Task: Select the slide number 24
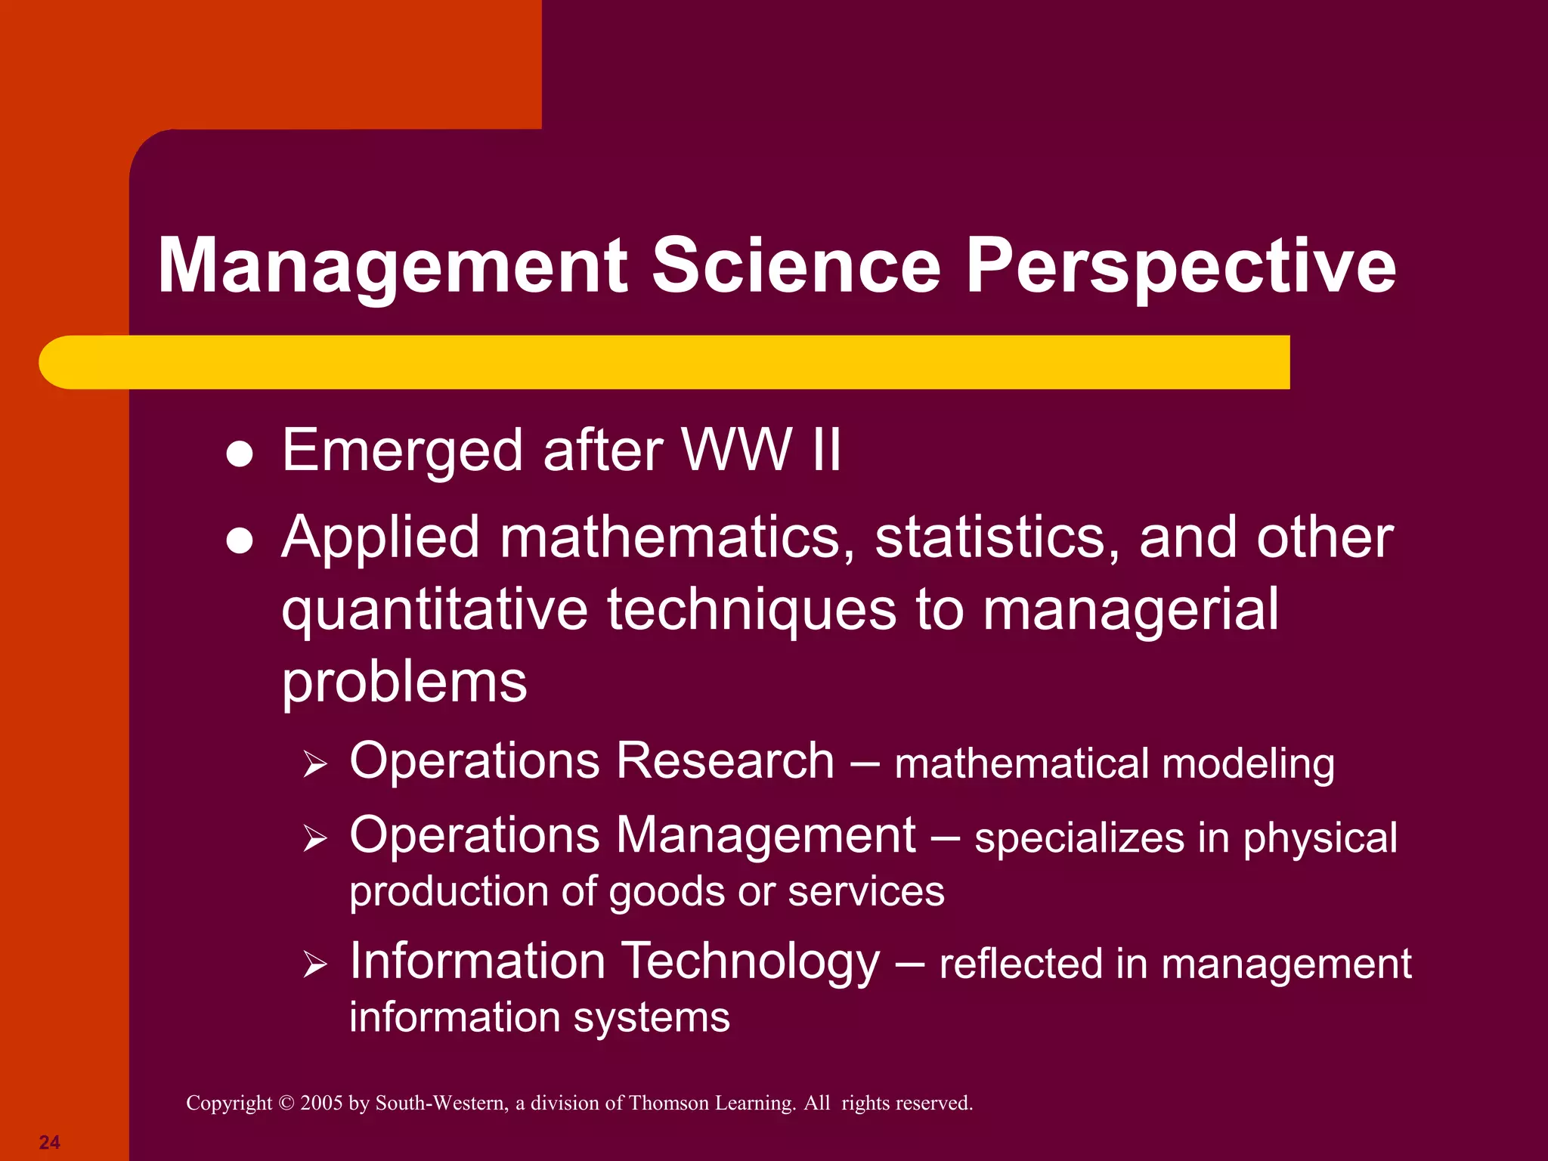pos(50,1142)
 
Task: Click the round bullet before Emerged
pos(240,455)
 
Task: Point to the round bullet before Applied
pos(240,541)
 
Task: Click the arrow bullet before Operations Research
pos(314,764)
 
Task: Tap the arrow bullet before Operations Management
pos(314,838)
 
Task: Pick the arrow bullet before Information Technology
pos(314,964)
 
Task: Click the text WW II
pos(761,450)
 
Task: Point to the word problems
pos(404,683)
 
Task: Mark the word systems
pos(652,1017)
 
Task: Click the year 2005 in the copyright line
pos(321,1103)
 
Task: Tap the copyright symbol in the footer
pos(286,1103)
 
